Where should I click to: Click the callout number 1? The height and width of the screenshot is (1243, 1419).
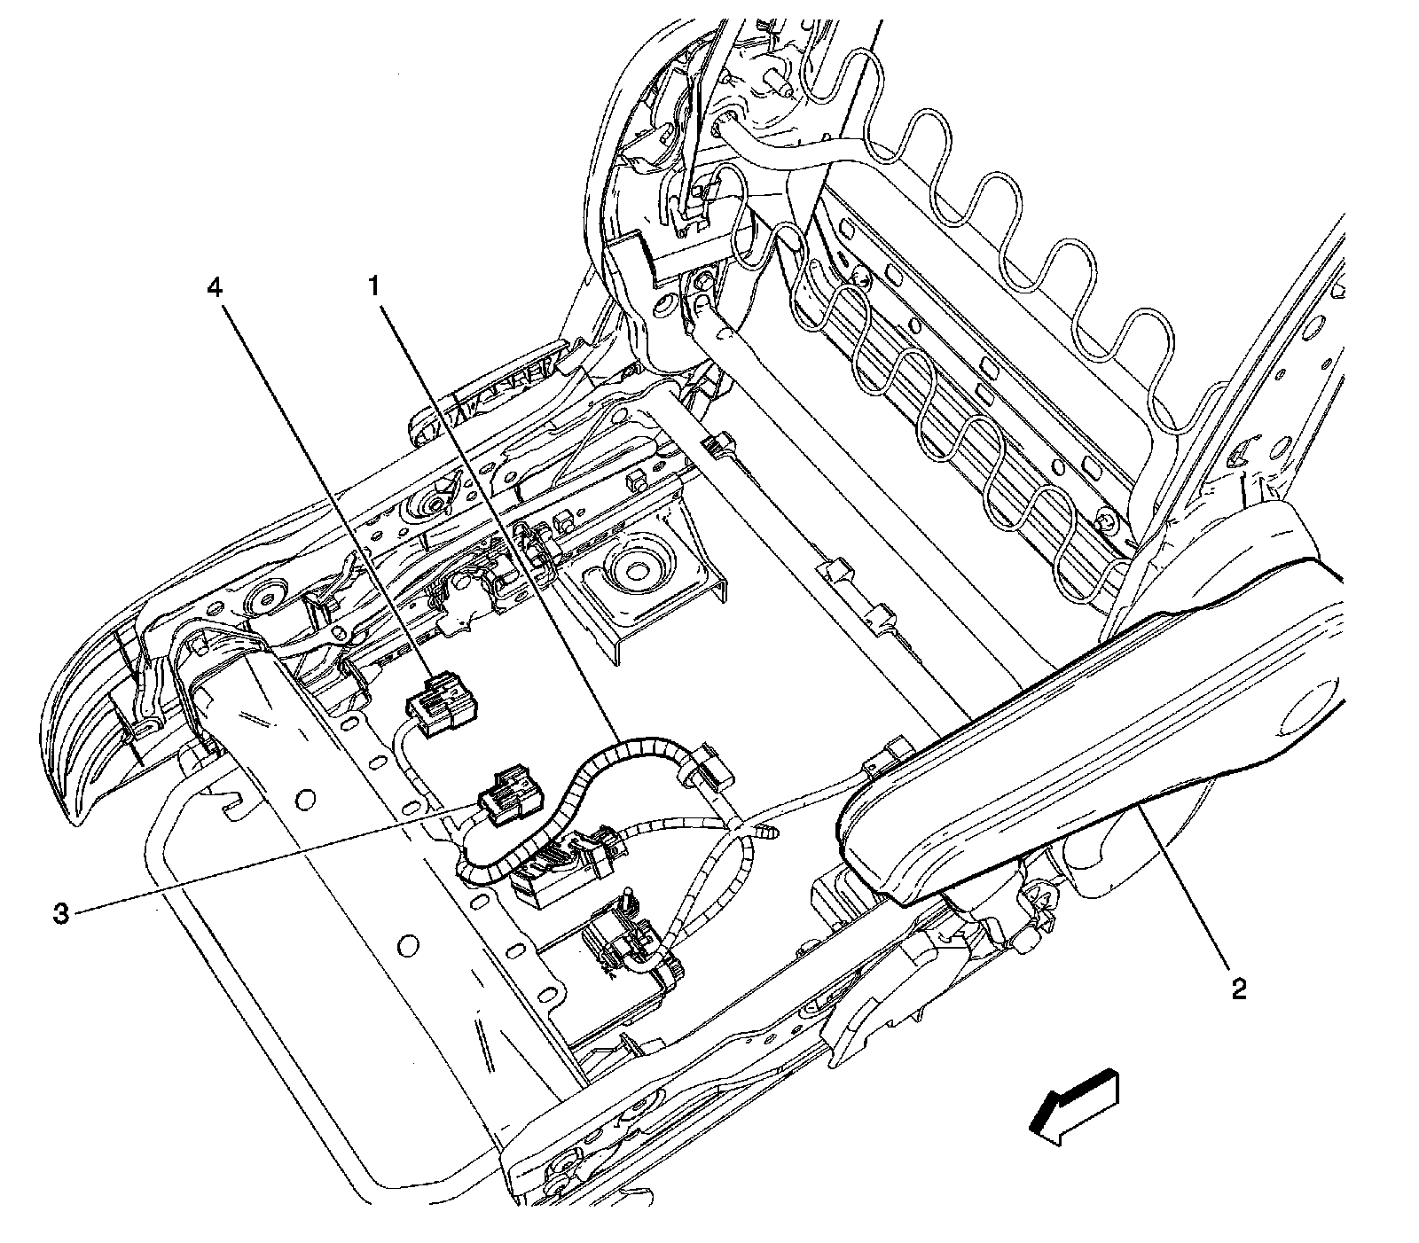375,285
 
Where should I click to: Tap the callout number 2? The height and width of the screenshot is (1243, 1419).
1238,988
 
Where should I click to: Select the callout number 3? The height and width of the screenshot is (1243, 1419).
60,913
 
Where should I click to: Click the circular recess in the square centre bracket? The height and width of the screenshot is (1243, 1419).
635,568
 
